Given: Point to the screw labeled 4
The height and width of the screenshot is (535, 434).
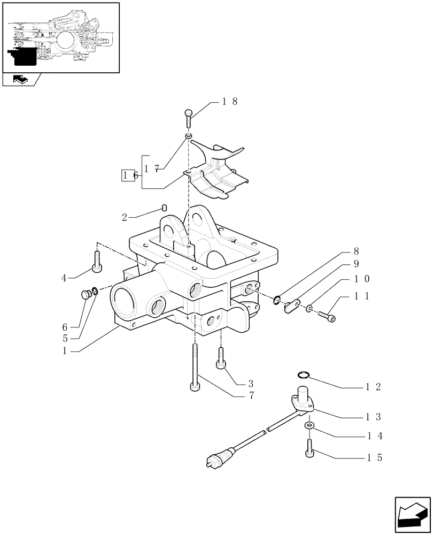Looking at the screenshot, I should (97, 262).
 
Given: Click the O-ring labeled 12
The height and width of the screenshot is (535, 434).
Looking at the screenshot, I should (303, 375).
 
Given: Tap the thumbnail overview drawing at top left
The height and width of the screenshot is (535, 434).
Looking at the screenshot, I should (60, 37).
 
